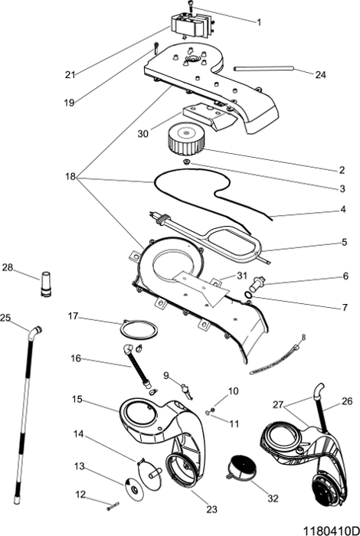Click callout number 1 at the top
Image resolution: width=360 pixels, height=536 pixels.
tap(258, 23)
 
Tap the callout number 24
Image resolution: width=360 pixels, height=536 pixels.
tap(320, 74)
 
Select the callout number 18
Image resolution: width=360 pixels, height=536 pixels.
tap(70, 176)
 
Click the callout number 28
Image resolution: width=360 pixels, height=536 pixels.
tap(8, 267)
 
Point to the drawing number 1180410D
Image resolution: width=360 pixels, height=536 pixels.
tap(329, 529)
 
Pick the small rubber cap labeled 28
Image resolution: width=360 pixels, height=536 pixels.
tap(45, 283)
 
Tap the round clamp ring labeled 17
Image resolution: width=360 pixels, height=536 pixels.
tap(140, 329)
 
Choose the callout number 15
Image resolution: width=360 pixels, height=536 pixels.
tap(77, 398)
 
